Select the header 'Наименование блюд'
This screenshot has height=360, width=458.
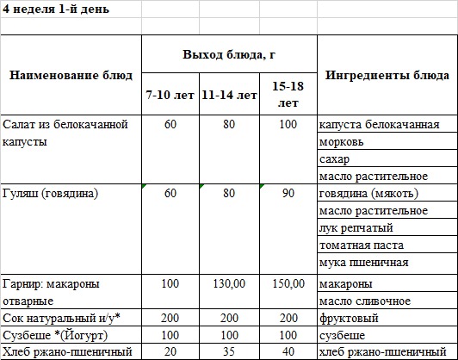[x=71, y=76]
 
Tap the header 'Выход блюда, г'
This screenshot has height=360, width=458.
[x=228, y=55]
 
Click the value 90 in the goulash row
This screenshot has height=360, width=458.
[x=288, y=194]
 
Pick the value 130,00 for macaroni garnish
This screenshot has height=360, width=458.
[x=228, y=283]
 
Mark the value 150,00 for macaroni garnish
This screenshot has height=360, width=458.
[x=288, y=283]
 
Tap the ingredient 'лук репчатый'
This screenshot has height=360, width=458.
[x=356, y=228]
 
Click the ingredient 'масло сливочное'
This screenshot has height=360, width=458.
[x=363, y=301]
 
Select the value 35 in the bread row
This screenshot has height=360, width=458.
[x=228, y=351]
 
